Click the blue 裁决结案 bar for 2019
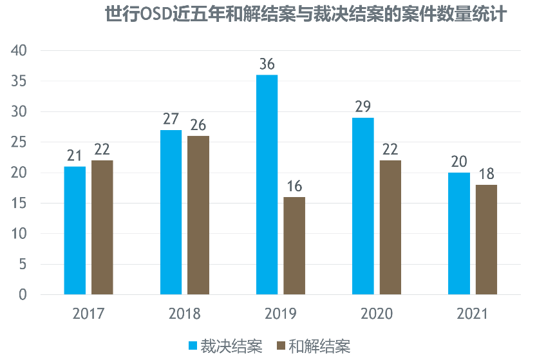point(267,185)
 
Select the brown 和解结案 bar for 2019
point(294,246)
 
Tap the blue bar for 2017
point(75,231)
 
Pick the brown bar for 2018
point(198,215)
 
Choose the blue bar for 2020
point(363,206)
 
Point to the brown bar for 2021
point(486,240)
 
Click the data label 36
point(267,64)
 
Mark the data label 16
point(294,187)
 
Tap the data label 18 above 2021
point(486,175)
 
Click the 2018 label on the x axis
point(184,314)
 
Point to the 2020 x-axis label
point(377,314)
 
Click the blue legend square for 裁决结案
point(193,346)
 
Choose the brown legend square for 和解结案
point(280,346)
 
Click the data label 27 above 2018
point(171,120)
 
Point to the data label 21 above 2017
point(75,156)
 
